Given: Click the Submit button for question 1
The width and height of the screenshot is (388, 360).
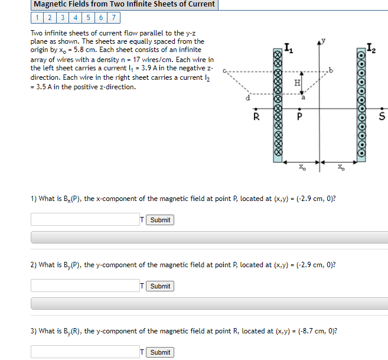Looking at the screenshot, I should click(159, 220).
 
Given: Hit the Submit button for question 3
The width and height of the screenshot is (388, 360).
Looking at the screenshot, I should click(159, 352).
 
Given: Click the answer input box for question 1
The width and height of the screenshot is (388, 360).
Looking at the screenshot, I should click(85, 220).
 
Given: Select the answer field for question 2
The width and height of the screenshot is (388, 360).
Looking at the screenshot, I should click(85, 286).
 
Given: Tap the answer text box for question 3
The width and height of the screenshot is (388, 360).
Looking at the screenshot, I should click(85, 352).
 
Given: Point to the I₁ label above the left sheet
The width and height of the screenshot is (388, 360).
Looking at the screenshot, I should click(288, 47).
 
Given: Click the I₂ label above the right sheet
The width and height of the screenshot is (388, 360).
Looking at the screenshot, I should click(370, 47).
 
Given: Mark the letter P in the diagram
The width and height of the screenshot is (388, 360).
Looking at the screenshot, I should click(300, 116).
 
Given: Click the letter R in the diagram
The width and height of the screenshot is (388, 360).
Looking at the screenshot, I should click(256, 116).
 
